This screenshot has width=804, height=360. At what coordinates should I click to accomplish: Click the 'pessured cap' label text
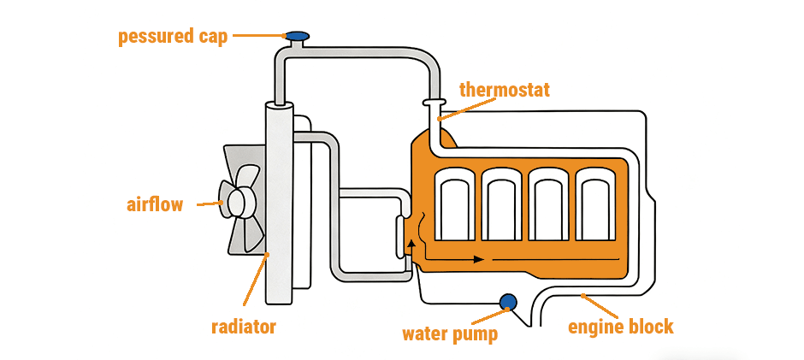coord(173,37)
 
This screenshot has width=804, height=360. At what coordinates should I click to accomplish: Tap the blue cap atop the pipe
coord(297,36)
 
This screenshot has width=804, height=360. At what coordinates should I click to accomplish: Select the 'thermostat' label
coord(504,90)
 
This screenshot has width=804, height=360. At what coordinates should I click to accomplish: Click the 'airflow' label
coord(155,204)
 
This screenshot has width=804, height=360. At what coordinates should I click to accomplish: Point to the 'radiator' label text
coord(244,326)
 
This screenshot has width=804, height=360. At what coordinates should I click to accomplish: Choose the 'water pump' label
coord(450,333)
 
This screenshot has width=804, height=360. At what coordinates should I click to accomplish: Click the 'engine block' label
coord(621,327)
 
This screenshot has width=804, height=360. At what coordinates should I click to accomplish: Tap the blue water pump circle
coord(508,301)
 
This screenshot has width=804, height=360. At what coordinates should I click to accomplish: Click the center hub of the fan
coord(237,202)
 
